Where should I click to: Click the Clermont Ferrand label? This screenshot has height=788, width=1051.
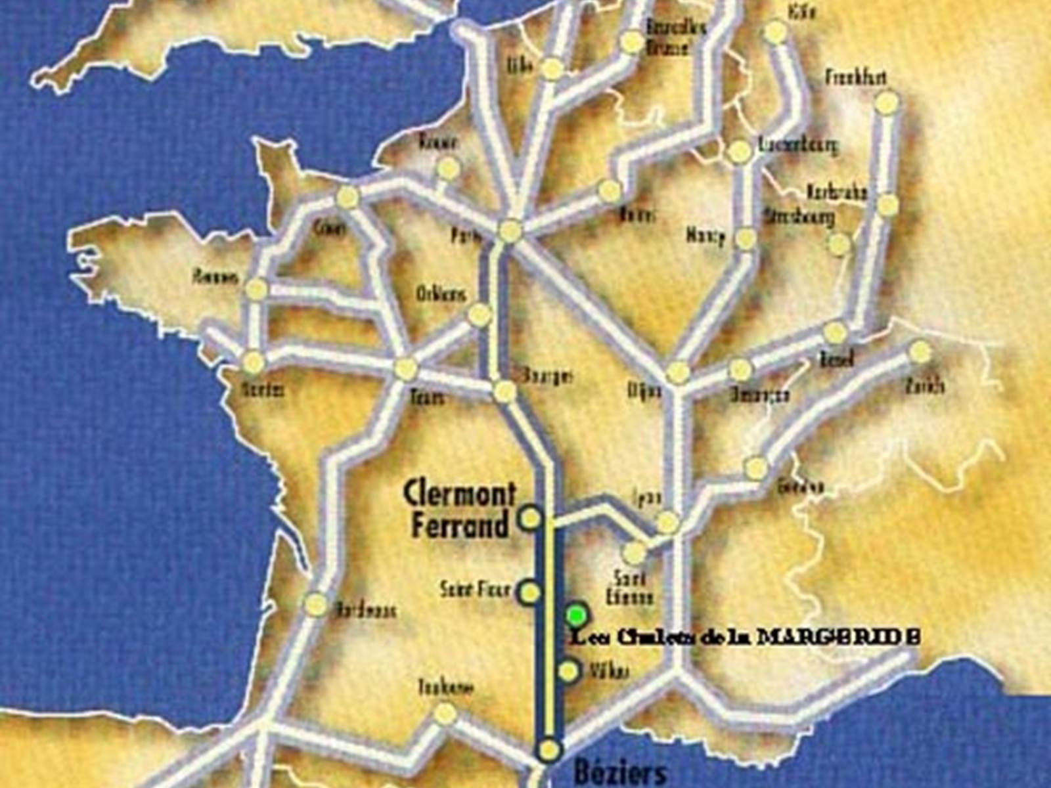point(458,510)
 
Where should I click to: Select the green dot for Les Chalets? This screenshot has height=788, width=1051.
point(577,615)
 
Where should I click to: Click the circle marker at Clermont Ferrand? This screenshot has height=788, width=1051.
point(529,518)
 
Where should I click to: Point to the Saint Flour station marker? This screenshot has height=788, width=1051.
point(529,592)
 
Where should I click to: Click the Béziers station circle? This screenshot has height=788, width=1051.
point(550,749)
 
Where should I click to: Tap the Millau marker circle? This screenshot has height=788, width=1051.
point(569,671)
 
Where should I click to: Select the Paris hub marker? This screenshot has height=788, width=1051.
point(510,231)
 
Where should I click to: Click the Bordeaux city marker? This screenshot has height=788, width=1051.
point(316,605)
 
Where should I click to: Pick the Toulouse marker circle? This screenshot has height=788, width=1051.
point(445,713)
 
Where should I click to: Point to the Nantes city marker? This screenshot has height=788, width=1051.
point(253,362)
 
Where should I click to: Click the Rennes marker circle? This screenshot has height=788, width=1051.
point(257,289)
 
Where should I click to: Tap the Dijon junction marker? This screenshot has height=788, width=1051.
point(677,373)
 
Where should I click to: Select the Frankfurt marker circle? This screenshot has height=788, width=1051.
point(887,102)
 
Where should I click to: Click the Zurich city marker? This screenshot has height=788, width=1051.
point(920,352)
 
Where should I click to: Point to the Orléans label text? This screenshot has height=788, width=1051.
point(441,295)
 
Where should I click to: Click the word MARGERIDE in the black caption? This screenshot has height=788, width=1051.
point(838,637)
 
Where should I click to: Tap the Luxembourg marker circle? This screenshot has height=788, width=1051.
point(740,152)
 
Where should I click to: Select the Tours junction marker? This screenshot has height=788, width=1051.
point(406,368)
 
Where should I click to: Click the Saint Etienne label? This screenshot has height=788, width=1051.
point(630,588)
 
